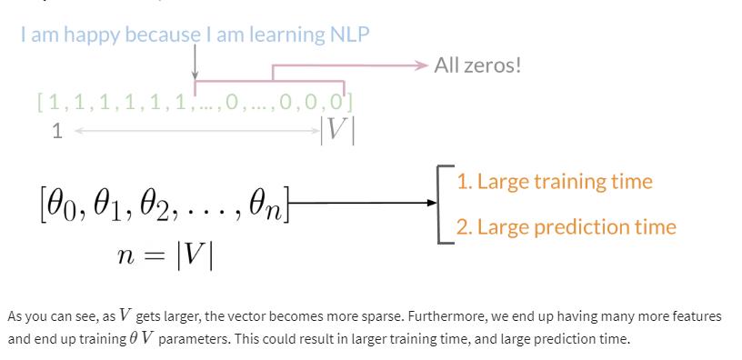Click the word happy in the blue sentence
click(93, 35)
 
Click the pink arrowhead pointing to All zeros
click(421, 65)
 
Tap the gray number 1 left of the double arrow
click(56, 132)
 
